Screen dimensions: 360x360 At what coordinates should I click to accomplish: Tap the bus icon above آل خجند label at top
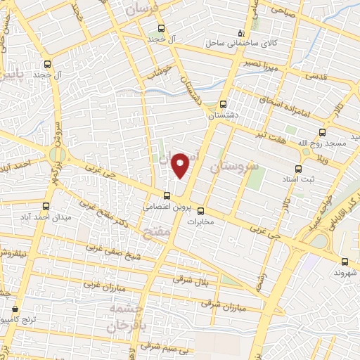tap(162, 29)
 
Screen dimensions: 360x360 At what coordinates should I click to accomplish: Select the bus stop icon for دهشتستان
tap(224, 103)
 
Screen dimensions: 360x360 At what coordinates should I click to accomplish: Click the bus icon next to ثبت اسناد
tap(298, 169)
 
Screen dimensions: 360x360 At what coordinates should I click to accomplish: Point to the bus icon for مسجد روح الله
tap(323, 131)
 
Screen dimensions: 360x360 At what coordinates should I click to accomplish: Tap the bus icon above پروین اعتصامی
tap(167, 195)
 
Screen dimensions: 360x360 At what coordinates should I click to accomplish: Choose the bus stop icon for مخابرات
tap(200, 210)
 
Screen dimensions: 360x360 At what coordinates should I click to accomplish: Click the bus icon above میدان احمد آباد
tap(46, 206)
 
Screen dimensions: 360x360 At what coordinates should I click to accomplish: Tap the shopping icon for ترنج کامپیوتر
tap(15, 309)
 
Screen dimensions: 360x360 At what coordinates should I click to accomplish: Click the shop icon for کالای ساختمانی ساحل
tap(241, 33)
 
